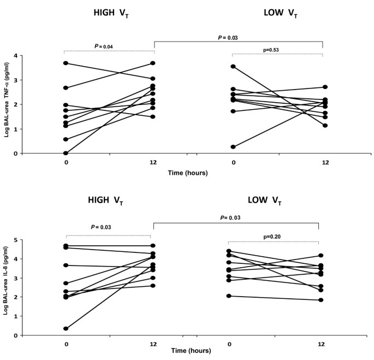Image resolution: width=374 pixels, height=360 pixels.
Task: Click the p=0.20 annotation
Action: click(274, 237)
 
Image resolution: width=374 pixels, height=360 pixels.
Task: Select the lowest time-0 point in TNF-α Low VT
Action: click(233, 147)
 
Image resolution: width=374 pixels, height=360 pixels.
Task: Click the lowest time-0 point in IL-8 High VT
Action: click(66, 329)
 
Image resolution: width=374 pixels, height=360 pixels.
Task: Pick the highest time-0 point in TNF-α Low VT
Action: click(233, 67)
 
